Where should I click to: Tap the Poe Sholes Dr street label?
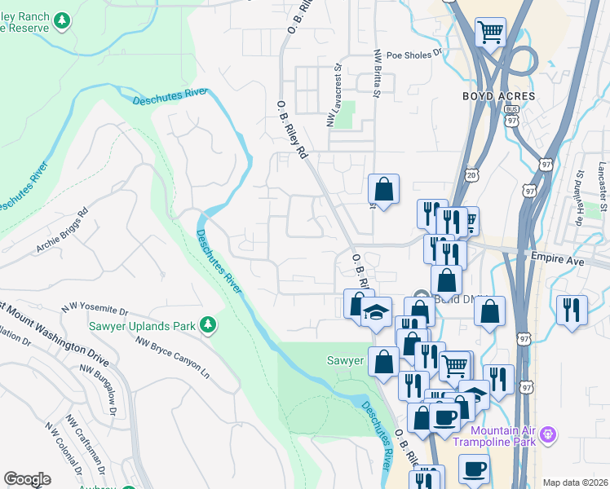413,55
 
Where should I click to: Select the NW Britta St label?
377,75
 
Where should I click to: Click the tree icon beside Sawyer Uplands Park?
208,325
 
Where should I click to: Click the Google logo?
27,479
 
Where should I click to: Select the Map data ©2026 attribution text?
575,482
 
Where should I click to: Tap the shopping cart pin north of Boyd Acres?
490,33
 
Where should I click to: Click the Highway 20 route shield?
472,174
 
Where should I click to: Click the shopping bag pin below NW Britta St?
383,189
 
